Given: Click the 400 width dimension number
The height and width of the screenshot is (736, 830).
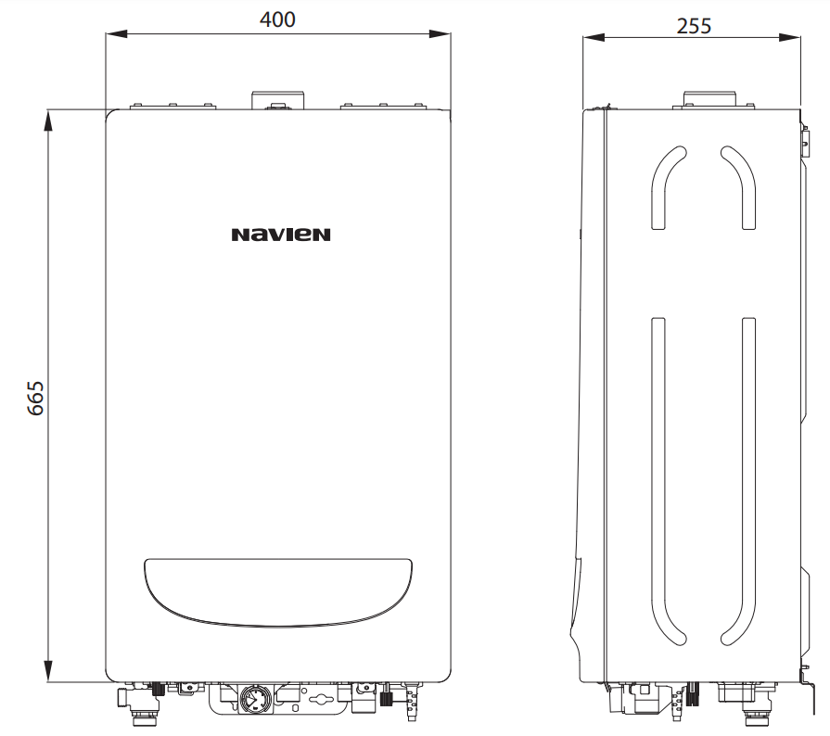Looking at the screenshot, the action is click(x=277, y=19).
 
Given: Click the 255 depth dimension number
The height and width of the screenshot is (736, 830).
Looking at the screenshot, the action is click(x=694, y=26).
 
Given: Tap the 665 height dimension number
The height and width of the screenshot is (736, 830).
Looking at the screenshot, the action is click(x=35, y=398).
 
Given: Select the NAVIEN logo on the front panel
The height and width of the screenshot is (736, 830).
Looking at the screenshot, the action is click(x=281, y=235).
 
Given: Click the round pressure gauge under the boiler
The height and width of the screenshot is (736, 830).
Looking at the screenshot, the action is click(x=256, y=700).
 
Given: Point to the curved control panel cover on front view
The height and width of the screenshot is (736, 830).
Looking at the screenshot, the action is click(x=278, y=592).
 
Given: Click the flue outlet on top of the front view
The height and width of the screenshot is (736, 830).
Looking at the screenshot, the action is click(x=278, y=100).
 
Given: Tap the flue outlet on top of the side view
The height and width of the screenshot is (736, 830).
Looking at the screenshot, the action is click(x=709, y=100).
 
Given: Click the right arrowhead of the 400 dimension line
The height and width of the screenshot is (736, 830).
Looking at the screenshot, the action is click(x=440, y=34).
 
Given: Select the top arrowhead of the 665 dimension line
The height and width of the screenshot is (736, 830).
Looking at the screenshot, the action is click(x=48, y=121).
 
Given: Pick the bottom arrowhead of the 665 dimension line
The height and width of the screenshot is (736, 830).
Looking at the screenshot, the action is click(x=48, y=671).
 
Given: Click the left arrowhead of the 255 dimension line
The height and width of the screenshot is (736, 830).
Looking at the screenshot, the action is click(x=594, y=37).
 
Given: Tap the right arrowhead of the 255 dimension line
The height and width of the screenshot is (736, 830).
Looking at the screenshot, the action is click(x=789, y=37).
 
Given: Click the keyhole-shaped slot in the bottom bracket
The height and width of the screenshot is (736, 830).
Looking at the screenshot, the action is click(x=321, y=700).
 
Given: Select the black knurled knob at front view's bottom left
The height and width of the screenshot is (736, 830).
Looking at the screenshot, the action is click(x=159, y=689).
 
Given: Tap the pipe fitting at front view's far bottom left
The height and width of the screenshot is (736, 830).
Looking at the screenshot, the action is click(x=125, y=697).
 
